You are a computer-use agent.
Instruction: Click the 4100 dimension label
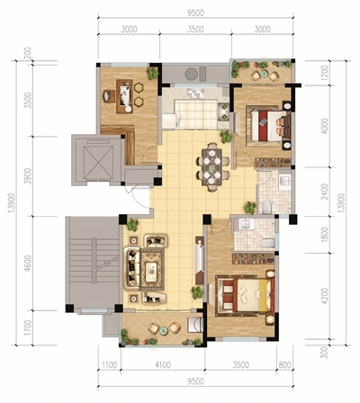163,365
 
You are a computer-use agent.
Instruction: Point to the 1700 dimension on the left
28,328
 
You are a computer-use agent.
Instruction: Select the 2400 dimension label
324,191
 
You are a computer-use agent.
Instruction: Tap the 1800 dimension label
324,235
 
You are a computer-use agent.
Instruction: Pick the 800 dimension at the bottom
284,365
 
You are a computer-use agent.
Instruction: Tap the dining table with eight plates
212,166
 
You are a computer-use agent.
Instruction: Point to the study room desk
124,96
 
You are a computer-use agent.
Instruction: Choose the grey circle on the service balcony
191,74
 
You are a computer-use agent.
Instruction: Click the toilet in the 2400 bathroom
266,207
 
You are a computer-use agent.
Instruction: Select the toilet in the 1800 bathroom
267,243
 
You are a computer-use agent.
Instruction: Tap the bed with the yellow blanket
245,295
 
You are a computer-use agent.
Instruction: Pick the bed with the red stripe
268,125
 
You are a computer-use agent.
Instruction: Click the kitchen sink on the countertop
195,93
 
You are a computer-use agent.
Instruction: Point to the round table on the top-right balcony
264,74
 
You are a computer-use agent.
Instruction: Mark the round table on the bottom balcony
164,330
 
